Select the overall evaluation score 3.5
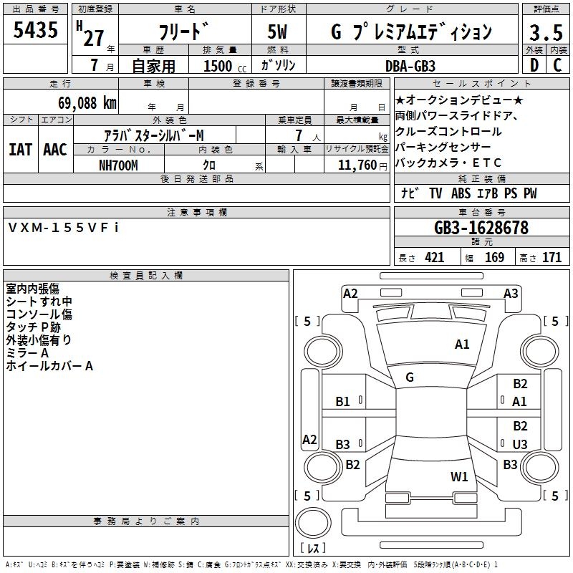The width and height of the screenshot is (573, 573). click(x=545, y=32)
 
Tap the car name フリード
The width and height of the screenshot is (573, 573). click(x=185, y=32)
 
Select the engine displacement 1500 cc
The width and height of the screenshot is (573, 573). click(x=219, y=66)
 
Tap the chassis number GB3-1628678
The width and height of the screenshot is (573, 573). click(x=481, y=228)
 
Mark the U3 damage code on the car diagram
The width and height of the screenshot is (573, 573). click(x=520, y=445)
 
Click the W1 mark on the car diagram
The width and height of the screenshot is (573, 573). click(x=459, y=476)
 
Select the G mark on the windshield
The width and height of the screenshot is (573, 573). click(x=409, y=377)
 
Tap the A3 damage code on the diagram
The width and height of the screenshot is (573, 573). click(x=511, y=293)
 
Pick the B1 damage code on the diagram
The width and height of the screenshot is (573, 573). click(x=343, y=402)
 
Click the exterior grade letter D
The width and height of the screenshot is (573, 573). click(x=534, y=65)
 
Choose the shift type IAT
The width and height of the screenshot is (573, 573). click(x=20, y=150)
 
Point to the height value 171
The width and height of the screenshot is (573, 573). click(x=552, y=257)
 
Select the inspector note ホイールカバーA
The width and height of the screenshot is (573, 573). click(x=49, y=366)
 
